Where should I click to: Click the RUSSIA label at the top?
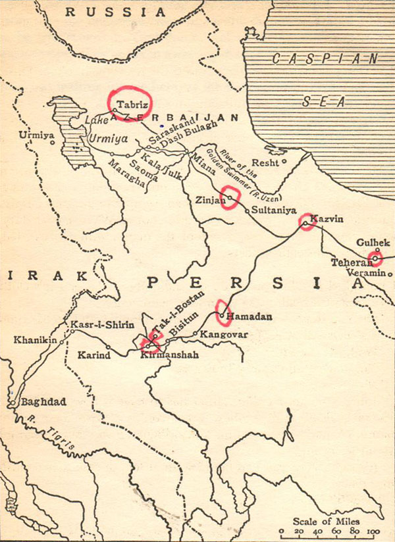click(116, 12)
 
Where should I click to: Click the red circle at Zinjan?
click(229, 197)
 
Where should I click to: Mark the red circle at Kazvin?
click(307, 222)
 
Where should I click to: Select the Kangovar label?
click(224, 335)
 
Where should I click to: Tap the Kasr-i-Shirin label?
click(101, 325)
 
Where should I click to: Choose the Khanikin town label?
click(33, 340)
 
